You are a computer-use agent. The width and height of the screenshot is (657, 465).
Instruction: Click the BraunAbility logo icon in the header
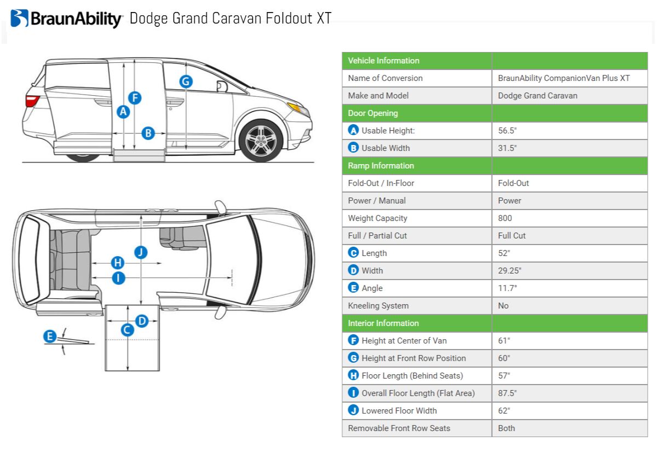[19, 18]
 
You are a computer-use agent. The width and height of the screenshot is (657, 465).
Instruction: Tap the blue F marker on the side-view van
[135, 98]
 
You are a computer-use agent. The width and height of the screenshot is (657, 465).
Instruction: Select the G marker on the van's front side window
[186, 82]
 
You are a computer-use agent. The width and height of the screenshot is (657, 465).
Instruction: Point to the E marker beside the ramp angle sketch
[50, 336]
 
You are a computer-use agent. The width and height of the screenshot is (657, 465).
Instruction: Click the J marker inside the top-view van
[141, 252]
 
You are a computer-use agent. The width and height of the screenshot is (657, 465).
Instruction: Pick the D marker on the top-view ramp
[142, 321]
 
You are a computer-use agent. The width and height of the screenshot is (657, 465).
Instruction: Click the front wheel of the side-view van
[261, 141]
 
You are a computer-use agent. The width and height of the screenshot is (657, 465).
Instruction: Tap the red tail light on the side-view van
[32, 101]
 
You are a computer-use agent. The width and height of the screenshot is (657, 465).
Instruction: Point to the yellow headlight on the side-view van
[298, 108]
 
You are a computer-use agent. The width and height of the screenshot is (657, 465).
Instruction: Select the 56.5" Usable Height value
[508, 131]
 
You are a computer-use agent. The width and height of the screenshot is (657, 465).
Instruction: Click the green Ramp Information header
[381, 166]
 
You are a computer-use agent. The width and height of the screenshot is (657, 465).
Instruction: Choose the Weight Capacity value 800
[505, 218]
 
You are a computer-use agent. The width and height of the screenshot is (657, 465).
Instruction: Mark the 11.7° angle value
[508, 288]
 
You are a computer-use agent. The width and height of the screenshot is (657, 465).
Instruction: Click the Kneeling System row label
[378, 306]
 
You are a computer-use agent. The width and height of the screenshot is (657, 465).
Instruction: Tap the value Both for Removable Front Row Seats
[506, 428]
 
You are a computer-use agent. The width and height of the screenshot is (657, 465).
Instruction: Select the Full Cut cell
[512, 236]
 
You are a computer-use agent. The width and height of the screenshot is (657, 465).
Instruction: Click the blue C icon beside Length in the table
[354, 253]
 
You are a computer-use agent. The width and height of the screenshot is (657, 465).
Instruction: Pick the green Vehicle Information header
[384, 61]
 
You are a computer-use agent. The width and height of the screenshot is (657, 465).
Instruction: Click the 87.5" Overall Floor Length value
[508, 393]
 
